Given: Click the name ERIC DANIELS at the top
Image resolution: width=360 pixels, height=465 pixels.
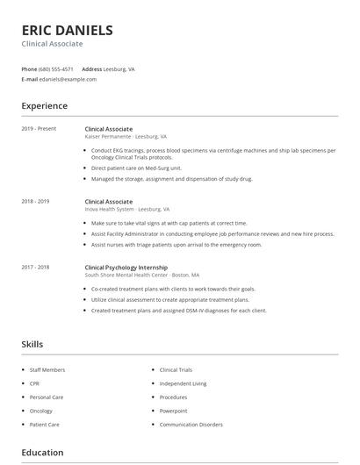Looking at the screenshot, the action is (x=67, y=30).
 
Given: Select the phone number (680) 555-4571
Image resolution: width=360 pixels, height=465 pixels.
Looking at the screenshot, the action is (x=57, y=68).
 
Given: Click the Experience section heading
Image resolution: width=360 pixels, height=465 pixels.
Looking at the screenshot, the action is (x=45, y=106).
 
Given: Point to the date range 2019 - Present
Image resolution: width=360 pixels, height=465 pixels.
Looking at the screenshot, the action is (x=39, y=129).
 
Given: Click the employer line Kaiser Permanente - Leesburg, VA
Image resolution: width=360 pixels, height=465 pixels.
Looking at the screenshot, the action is (x=126, y=137).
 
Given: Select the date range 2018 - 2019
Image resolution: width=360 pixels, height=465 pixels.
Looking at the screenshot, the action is (x=35, y=201).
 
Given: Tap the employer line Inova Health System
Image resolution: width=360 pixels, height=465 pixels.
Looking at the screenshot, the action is (x=127, y=210).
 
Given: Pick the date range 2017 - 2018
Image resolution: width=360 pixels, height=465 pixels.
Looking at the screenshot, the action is (x=35, y=267).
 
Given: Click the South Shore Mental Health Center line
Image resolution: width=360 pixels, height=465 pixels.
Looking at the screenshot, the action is (x=142, y=275).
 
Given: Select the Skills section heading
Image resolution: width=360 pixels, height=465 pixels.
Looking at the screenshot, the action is (x=32, y=345).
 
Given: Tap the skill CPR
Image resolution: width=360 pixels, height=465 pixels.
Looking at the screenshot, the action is (x=35, y=383).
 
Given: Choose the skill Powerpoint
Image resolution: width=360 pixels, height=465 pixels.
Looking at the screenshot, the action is (x=173, y=411).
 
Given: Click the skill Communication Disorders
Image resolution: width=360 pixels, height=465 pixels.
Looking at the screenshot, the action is (x=191, y=425).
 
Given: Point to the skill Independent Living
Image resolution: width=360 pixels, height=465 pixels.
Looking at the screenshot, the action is (x=183, y=383).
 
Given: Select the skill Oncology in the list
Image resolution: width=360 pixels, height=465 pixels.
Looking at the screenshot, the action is (x=41, y=411).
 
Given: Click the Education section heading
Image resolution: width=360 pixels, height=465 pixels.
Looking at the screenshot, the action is (x=42, y=453).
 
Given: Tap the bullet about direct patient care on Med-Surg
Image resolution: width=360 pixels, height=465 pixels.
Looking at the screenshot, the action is (x=136, y=167).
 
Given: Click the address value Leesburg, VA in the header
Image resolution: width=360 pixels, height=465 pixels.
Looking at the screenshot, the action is (x=120, y=68).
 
